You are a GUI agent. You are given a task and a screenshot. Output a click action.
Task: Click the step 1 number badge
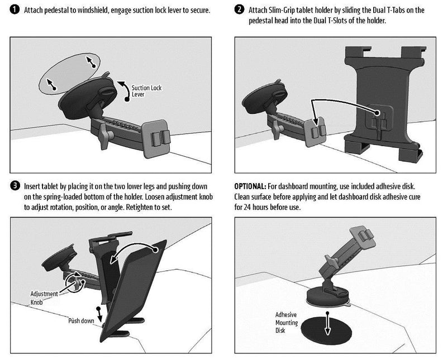[x=15, y=9]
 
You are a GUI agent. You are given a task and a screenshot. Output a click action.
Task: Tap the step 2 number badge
[x=239, y=9]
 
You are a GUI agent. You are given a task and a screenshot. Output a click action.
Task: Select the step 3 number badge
[x=15, y=186]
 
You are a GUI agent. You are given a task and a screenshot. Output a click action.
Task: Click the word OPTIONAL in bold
[x=250, y=186]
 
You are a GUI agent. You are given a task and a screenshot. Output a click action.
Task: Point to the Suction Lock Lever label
[x=146, y=91]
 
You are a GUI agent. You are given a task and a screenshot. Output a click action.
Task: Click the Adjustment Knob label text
[x=44, y=298]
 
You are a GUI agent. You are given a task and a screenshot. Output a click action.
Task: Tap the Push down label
[x=81, y=321]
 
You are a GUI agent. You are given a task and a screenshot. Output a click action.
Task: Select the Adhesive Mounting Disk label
[x=287, y=323]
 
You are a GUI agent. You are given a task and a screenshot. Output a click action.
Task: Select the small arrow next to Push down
[x=99, y=314]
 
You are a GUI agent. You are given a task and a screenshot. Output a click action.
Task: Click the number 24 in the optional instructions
[x=248, y=207]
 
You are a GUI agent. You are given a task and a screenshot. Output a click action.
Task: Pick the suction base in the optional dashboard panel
[x=328, y=297]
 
